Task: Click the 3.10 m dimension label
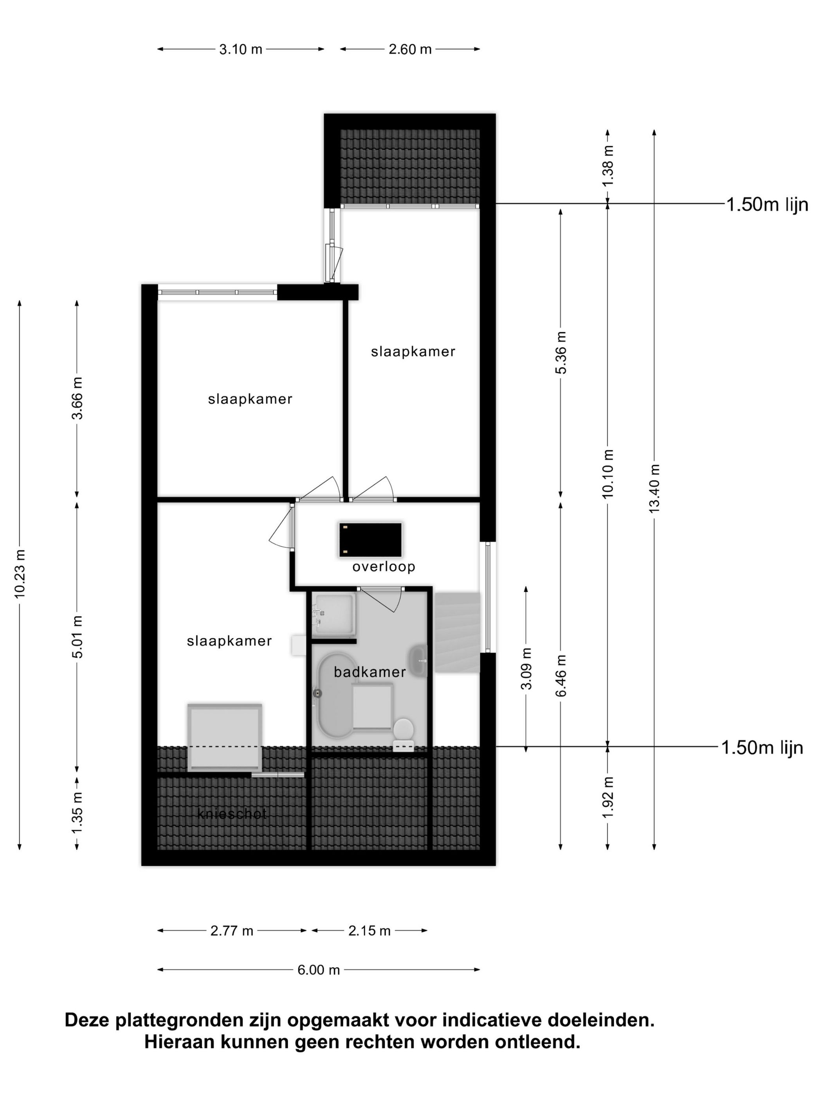(x=240, y=49)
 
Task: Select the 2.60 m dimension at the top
(x=410, y=49)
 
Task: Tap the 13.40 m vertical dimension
(x=654, y=488)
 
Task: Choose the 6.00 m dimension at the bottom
(x=318, y=970)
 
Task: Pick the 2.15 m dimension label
(x=369, y=930)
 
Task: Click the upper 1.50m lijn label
(x=767, y=204)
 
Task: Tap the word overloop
(x=384, y=566)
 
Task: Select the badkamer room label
(x=370, y=672)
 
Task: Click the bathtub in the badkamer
(x=334, y=696)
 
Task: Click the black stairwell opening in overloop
(x=370, y=539)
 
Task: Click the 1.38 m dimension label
(x=608, y=165)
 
